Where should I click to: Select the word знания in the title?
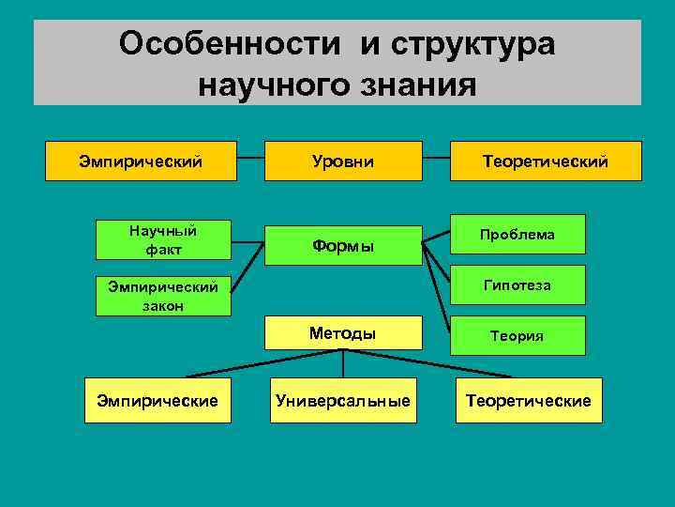412,84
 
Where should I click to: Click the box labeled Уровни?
342,161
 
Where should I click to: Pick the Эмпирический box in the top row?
141,161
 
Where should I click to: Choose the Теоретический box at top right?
546,161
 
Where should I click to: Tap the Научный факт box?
163,239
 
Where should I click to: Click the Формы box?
342,246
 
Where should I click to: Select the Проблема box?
517,234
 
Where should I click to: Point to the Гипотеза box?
517,284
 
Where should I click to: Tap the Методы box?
342,333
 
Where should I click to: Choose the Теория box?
517,335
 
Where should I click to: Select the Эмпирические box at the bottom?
157,401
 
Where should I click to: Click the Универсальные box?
342,401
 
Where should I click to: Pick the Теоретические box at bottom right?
529,401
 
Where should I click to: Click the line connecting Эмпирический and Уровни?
248,161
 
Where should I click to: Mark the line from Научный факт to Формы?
247,242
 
